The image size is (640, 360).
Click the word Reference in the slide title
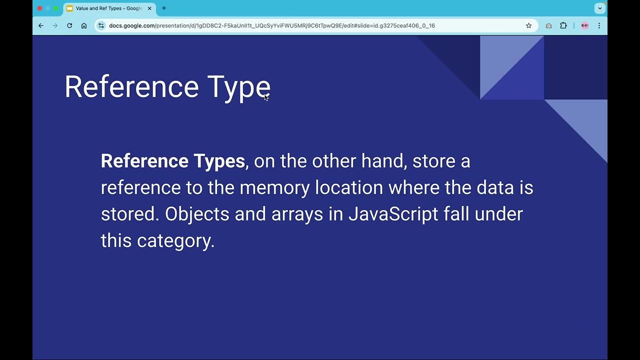[x=131, y=86]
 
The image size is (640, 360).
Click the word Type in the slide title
[x=238, y=87]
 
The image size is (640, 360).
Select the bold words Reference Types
[x=172, y=161]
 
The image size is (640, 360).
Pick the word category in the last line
[x=175, y=241]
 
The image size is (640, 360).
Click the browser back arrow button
[x=41, y=25]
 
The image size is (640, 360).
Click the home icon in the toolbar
[x=84, y=25]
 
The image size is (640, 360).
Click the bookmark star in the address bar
[x=528, y=25]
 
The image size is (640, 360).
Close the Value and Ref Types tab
[x=149, y=8]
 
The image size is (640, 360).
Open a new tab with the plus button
[x=163, y=8]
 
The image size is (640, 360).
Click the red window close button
[x=39, y=8]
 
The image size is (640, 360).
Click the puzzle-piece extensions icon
[x=563, y=25]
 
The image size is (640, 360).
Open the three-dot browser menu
[x=599, y=25]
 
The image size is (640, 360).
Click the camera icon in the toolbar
[x=548, y=25]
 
